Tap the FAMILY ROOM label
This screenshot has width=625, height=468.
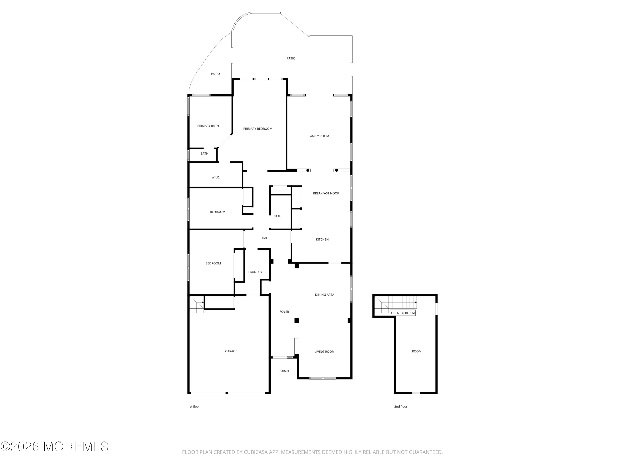pos(319,136)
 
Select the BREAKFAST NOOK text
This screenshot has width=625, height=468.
pos(326,193)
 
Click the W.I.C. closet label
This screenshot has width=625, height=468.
pos(216,178)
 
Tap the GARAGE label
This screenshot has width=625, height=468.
pos(231,352)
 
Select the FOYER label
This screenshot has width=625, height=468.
pos(284,312)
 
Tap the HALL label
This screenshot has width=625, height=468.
pos(266,238)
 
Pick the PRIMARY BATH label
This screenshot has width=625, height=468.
pos(208,126)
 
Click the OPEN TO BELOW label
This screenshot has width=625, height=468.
pos(403,313)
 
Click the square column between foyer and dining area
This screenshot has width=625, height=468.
pos(297,320)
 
